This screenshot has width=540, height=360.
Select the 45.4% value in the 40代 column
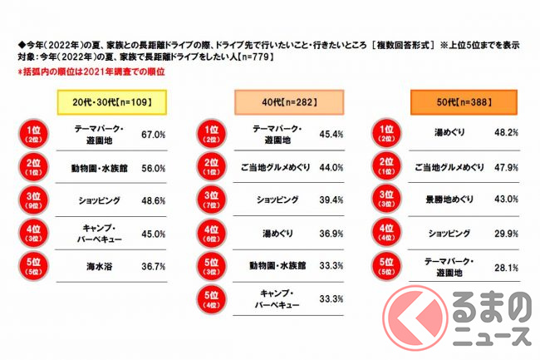pos(320,134)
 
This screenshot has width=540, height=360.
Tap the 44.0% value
pos(320,167)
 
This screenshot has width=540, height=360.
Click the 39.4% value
pos(320,200)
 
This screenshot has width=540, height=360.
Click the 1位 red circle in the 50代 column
pos(385,133)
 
